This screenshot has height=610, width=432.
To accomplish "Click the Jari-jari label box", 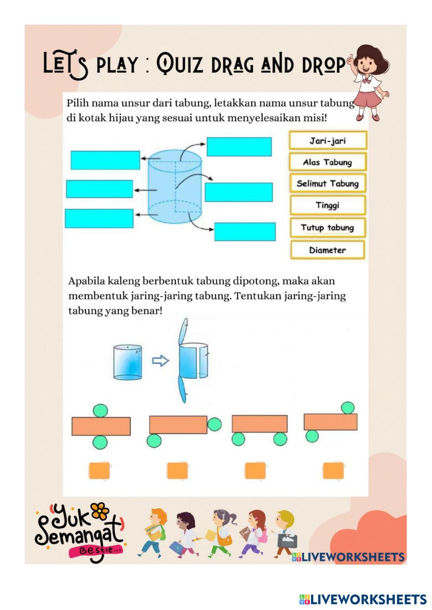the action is pyautogui.click(x=327, y=141).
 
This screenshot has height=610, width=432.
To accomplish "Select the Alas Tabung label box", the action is pyautogui.click(x=327, y=162).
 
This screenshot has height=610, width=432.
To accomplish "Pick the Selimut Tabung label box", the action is pyautogui.click(x=327, y=183).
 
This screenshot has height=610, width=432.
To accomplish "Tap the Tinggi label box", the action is pyautogui.click(x=327, y=205).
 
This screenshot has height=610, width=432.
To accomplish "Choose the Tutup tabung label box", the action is pyautogui.click(x=327, y=227).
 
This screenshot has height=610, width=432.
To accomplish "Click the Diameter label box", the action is pyautogui.click(x=327, y=250).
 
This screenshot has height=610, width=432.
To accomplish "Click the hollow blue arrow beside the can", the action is pyautogui.click(x=161, y=361).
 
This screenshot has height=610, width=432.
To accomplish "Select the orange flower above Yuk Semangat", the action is pyautogui.click(x=100, y=511).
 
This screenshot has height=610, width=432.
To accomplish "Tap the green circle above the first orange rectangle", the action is pyautogui.click(x=100, y=410).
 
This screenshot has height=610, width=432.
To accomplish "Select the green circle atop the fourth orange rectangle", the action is pyautogui.click(x=347, y=408).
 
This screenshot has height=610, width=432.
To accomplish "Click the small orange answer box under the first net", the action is pyautogui.click(x=99, y=471).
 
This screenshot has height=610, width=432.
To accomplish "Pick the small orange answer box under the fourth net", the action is pyautogui.click(x=334, y=471).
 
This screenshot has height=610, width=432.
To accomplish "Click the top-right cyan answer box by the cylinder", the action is pyautogui.click(x=239, y=147).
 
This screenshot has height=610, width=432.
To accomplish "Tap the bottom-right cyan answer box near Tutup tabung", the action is pyautogui.click(x=245, y=232).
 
